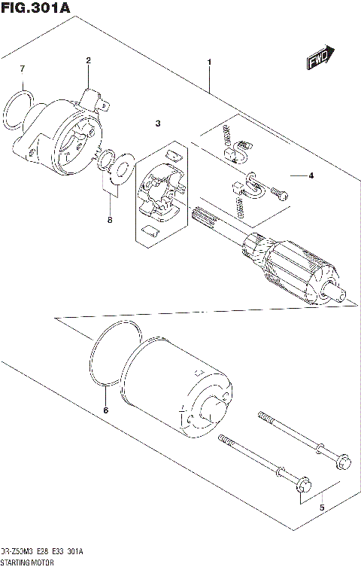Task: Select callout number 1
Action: (x=209, y=62)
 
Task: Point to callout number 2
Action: (x=88, y=60)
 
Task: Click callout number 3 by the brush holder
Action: (x=158, y=123)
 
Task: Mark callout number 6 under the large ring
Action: (x=105, y=410)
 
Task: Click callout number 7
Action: (x=22, y=70)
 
